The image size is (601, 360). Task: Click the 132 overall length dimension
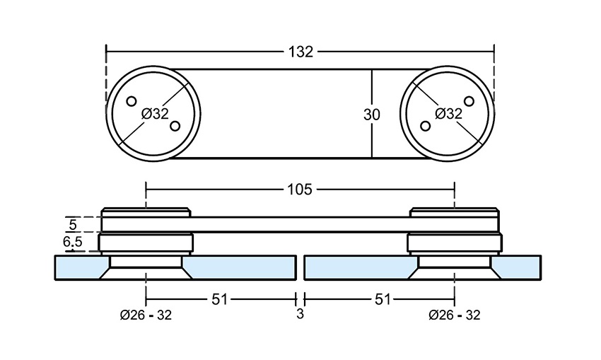[x=300, y=51]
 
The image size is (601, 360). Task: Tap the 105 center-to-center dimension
[x=300, y=190]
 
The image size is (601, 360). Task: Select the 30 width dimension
[x=371, y=115]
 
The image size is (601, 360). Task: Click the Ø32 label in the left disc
[x=155, y=113]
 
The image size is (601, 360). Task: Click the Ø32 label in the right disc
[x=448, y=113]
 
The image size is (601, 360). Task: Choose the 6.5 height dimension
[x=72, y=243]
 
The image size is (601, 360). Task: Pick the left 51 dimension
[x=220, y=299]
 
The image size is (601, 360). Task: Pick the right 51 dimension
[x=382, y=299]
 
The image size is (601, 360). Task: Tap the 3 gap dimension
[x=300, y=314]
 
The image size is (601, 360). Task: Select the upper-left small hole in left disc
[x=131, y=101]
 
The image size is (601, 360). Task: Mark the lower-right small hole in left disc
[x=174, y=127]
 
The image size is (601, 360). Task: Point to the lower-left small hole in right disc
[x=425, y=126]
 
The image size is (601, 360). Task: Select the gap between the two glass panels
[x=300, y=267]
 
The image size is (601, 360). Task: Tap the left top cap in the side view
[x=146, y=212]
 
